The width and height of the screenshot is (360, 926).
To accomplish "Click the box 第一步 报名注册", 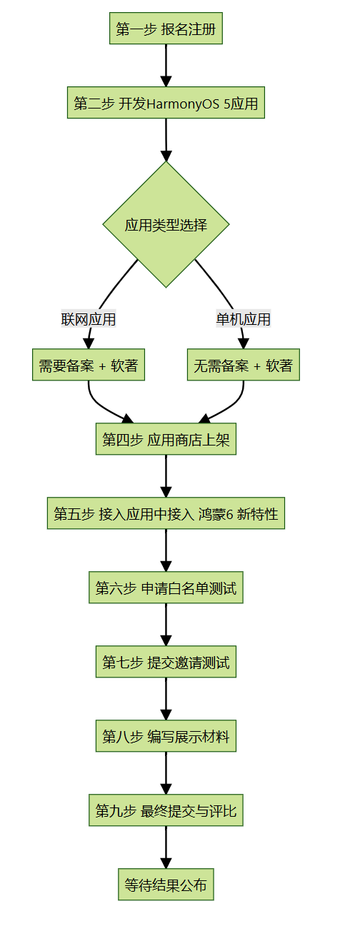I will [x=166, y=29].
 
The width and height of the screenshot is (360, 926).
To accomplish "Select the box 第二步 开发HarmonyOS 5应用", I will [x=166, y=104].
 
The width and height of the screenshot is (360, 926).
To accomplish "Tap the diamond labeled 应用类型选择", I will [x=166, y=225].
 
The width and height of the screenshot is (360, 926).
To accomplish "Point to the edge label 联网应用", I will [x=89, y=319].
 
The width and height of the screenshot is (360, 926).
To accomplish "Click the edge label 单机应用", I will [x=244, y=319].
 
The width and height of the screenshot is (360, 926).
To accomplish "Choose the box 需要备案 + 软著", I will [x=89, y=366].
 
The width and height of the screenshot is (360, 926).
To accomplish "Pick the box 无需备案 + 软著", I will [x=244, y=366].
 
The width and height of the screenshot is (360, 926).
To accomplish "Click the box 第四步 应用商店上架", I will [x=166, y=439].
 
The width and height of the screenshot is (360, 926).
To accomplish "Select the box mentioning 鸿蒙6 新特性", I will [x=166, y=513].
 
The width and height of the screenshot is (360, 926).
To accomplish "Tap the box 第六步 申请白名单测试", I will [x=166, y=588].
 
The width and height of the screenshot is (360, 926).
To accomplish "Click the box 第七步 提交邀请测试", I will [x=166, y=662].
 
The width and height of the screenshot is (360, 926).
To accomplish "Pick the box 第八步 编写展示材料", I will [x=166, y=736].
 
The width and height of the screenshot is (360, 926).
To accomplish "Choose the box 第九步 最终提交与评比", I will [x=166, y=810].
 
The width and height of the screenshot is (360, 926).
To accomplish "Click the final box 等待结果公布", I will [x=166, y=885].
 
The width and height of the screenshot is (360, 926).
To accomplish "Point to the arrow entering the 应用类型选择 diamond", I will [x=166, y=139].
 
